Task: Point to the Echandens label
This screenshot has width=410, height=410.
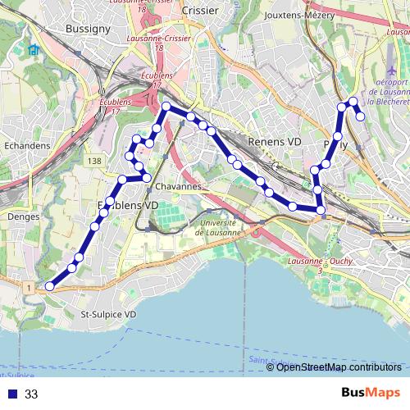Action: click(27, 145)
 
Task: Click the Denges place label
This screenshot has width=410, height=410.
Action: click(16, 216)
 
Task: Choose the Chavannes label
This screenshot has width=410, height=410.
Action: click(177, 186)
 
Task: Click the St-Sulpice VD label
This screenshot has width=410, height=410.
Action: click(107, 314)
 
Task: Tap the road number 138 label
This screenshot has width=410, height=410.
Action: click(96, 162)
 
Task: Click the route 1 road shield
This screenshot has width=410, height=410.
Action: click(30, 288)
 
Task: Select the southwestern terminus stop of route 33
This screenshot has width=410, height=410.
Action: click(49, 286)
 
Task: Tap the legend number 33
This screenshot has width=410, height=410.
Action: click(31, 394)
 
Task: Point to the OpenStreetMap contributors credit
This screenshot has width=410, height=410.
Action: click(339, 367)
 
